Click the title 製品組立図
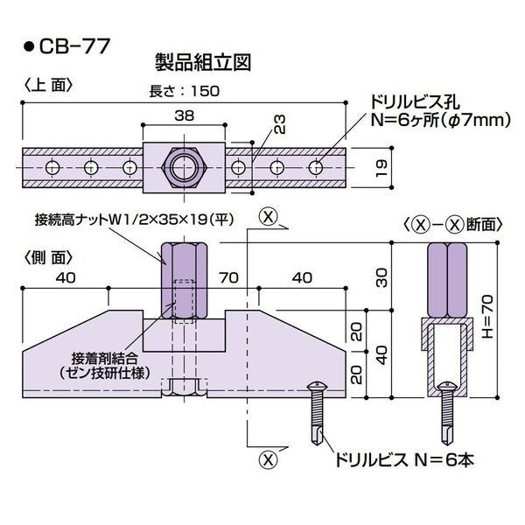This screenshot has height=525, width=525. [202, 62]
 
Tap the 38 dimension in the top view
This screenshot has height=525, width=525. [183, 114]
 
